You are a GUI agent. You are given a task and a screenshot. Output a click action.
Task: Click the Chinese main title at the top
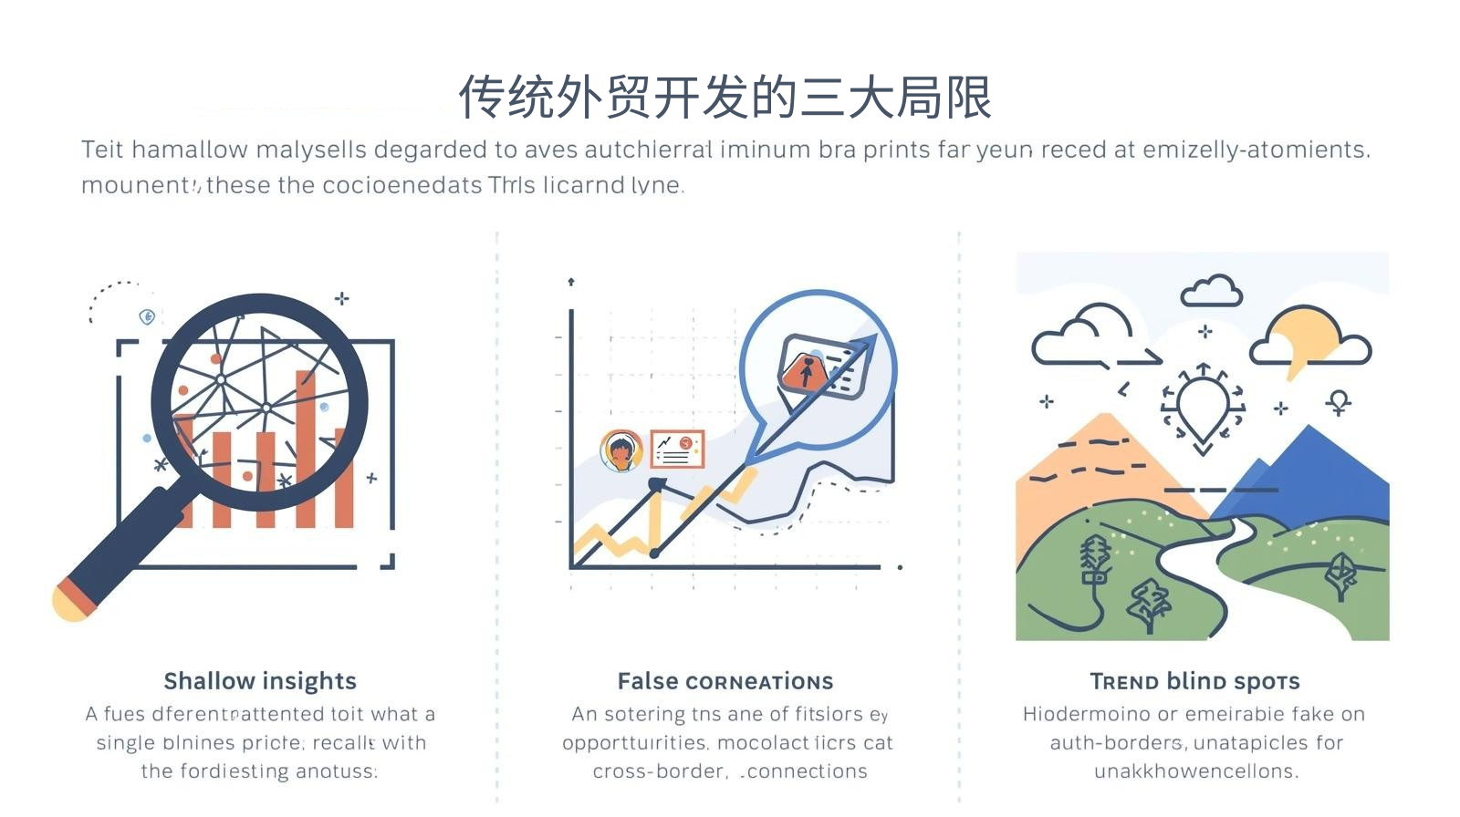tap(725, 97)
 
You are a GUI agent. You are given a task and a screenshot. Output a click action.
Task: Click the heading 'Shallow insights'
tap(260, 681)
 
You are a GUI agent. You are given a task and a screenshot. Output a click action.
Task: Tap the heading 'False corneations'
tap(725, 681)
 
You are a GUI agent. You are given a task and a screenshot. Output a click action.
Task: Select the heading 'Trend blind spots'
tap(1194, 681)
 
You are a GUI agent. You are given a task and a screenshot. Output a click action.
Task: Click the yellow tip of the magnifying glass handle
tap(68, 603)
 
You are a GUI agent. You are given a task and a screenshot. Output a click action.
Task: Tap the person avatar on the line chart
tap(620, 450)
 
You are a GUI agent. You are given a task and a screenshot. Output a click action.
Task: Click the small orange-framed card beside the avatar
tap(677, 448)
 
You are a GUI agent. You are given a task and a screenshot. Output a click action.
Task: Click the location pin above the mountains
tap(1203, 406)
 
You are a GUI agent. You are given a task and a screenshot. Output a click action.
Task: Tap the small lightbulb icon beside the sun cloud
tap(1339, 402)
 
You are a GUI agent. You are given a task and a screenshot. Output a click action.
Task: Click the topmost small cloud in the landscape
tap(1211, 291)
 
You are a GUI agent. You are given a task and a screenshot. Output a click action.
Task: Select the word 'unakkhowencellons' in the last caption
tap(1194, 771)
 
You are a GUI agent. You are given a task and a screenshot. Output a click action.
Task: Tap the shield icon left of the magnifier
tap(147, 316)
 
